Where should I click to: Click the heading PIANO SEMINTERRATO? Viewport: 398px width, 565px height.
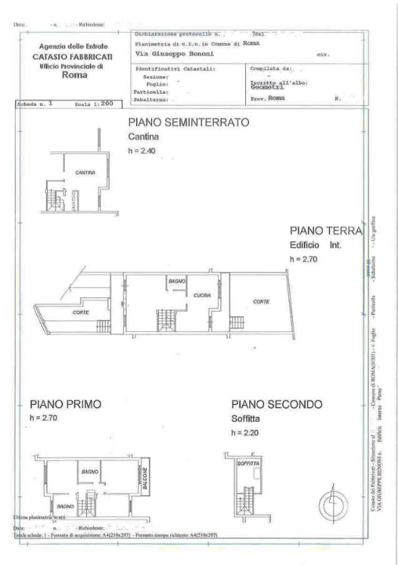pyautogui.click(x=188, y=123)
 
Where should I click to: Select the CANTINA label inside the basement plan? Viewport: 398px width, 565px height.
pyautogui.click(x=85, y=172)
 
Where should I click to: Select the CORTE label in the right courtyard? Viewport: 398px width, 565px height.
pyautogui.click(x=261, y=301)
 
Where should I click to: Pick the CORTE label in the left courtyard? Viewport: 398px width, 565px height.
pyautogui.click(x=80, y=312)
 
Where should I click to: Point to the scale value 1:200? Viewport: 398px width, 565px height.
pyautogui.click(x=99, y=104)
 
